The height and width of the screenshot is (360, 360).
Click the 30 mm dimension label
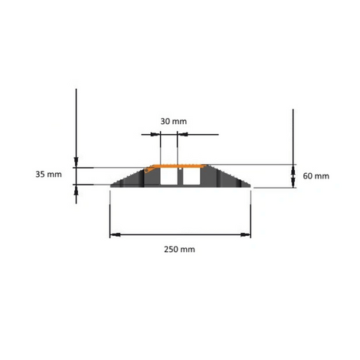(174, 121)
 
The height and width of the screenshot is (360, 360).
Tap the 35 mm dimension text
(48, 175)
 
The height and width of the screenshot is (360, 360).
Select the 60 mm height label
(316, 176)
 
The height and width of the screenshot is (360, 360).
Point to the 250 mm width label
(179, 249)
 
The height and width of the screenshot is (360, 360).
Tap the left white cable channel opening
(167, 176)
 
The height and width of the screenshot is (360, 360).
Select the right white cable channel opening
(191, 176)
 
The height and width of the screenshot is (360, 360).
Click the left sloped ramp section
(128, 179)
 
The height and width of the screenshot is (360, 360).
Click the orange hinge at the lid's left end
(147, 170)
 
